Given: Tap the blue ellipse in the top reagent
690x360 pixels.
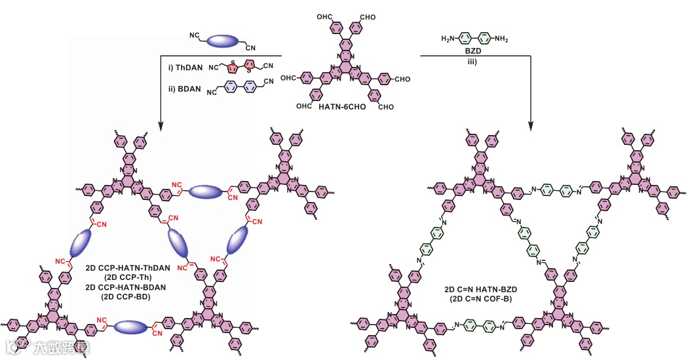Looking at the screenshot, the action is click(224, 42).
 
